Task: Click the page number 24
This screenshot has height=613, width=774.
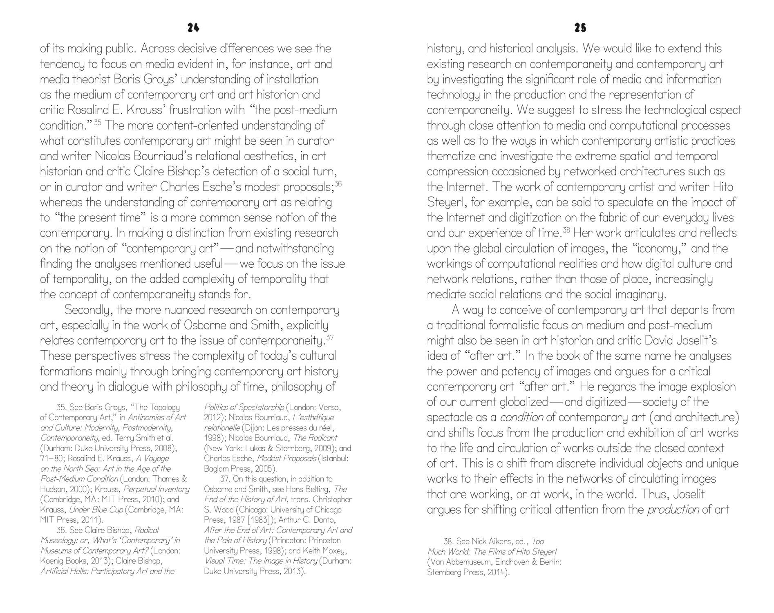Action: (x=193, y=28)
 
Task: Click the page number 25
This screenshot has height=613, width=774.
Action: (x=580, y=28)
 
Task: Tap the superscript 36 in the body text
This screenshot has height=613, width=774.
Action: (x=338, y=184)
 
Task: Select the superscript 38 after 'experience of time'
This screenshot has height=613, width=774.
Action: (x=566, y=230)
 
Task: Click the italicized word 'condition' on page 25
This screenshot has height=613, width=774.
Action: (x=521, y=418)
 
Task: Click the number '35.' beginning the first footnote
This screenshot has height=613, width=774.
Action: (x=61, y=407)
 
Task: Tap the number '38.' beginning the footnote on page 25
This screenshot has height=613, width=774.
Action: (x=449, y=541)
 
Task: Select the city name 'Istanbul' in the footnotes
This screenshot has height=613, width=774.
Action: (x=335, y=459)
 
